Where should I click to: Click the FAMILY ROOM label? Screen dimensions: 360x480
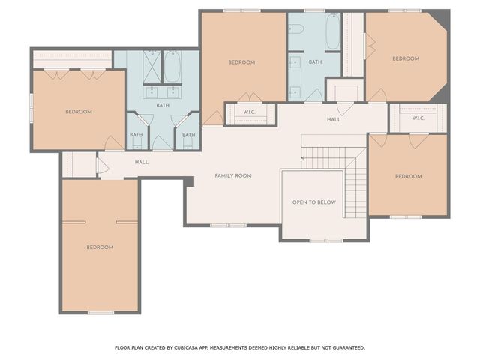233,175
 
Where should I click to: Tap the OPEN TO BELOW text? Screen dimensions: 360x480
313,202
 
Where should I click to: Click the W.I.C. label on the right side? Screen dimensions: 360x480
418,118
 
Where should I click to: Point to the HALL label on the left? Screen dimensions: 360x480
142,162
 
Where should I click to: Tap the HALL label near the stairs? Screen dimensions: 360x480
334,119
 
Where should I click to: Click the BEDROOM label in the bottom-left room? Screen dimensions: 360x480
99,247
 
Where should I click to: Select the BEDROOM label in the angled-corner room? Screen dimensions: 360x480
405,58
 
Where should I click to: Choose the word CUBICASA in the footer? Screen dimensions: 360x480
190,347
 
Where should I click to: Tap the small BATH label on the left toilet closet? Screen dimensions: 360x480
136,135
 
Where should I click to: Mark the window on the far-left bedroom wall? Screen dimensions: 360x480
31,100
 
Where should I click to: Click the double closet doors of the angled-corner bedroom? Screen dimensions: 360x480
369,43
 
